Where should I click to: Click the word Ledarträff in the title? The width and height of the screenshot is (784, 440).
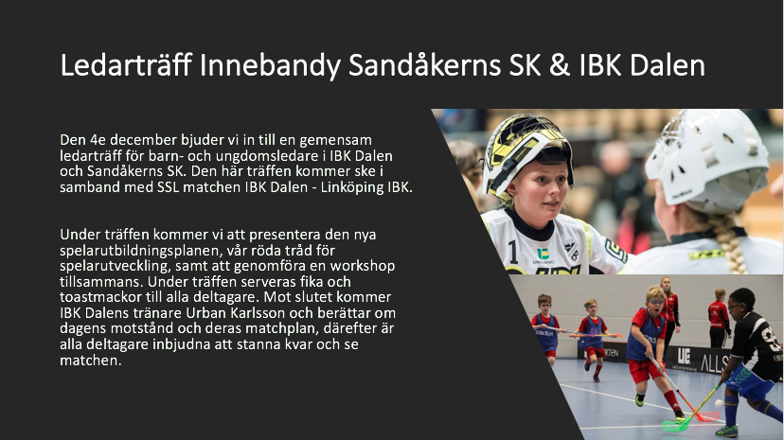(x=126, y=65)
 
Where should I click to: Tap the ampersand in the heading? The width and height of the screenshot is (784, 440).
(x=560, y=65)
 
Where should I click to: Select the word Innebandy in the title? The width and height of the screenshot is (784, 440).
(x=270, y=66)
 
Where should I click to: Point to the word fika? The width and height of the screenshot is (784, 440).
(x=312, y=282)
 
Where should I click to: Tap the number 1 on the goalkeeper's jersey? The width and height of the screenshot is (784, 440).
(x=513, y=252)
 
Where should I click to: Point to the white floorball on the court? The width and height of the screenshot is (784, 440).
(x=719, y=403)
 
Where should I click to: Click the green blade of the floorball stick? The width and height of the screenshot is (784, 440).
(x=674, y=426)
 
